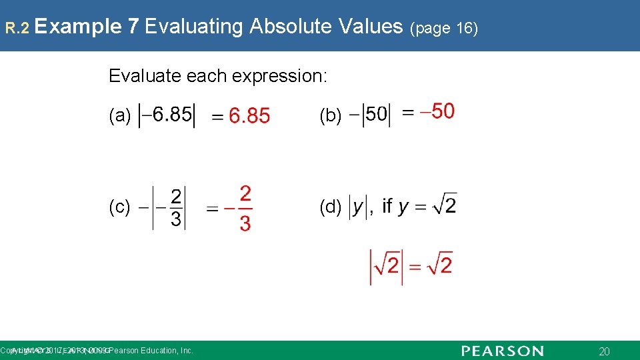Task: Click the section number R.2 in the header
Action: click(15, 28)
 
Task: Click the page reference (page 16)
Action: click(445, 29)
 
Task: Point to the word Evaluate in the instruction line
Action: click(137, 76)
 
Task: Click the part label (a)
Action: click(120, 116)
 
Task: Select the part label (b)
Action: click(331, 116)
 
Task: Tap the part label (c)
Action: click(120, 207)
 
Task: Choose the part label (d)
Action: click(331, 207)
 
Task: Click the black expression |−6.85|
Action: click(166, 115)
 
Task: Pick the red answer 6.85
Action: click(249, 117)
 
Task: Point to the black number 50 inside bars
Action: click(376, 115)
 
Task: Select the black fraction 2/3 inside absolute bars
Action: click(176, 207)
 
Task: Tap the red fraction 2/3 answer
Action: click(245, 208)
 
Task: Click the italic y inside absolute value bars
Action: click(358, 207)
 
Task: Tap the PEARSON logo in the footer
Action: click(502, 351)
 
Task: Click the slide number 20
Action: click(605, 351)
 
